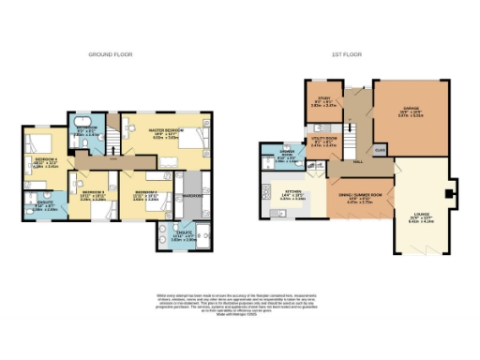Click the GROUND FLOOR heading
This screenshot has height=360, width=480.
tap(109, 55)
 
